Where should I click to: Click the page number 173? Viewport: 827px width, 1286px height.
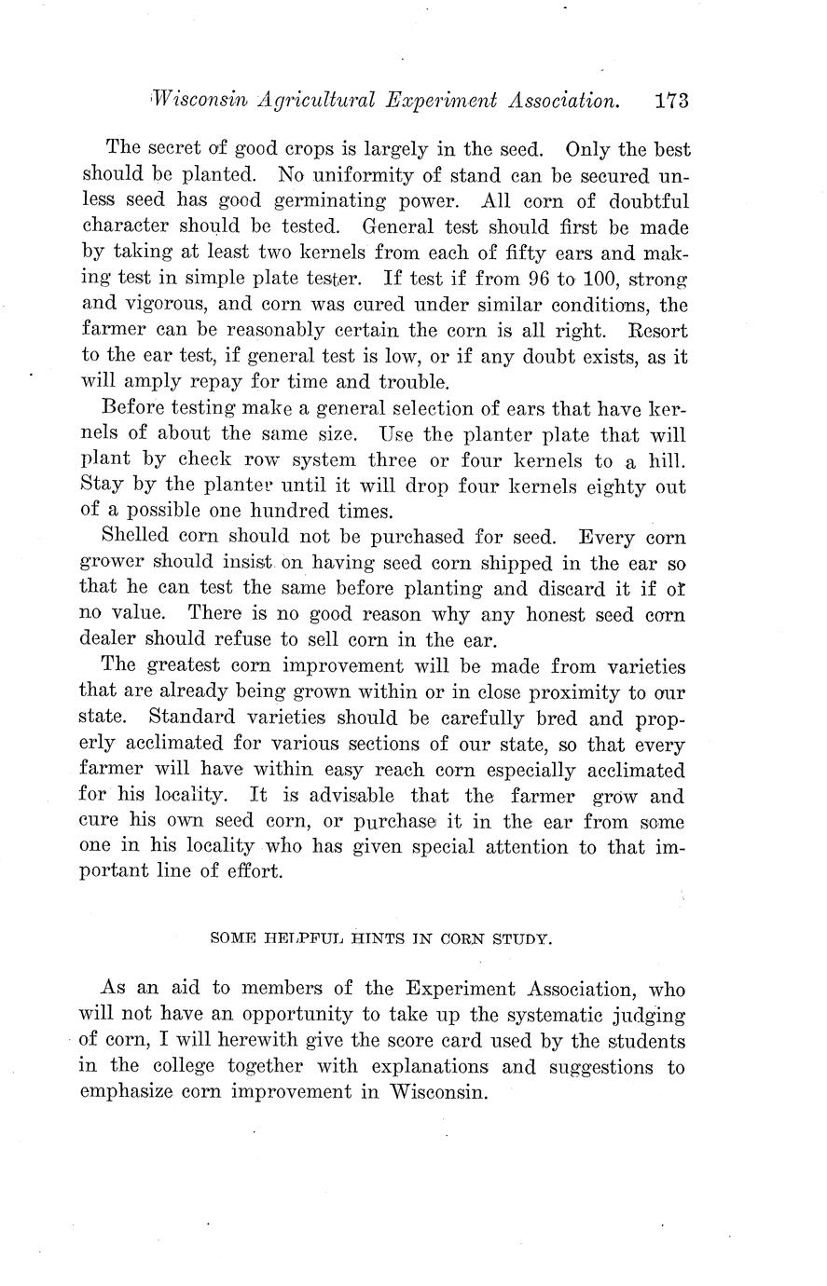coord(671,101)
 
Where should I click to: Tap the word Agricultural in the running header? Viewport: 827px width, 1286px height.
coord(291,101)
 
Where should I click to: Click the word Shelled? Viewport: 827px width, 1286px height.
coord(134,538)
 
